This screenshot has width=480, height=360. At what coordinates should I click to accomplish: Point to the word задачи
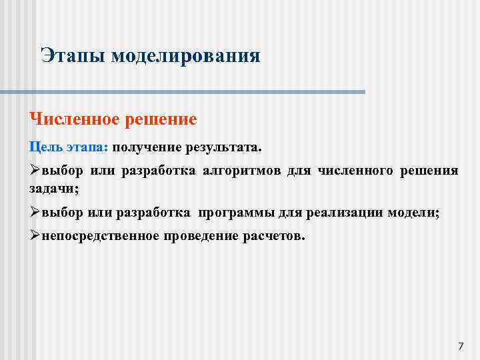(x=53, y=189)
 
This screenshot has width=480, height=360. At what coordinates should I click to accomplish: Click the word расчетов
(x=275, y=237)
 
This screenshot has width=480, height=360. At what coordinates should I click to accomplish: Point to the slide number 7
(x=460, y=345)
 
